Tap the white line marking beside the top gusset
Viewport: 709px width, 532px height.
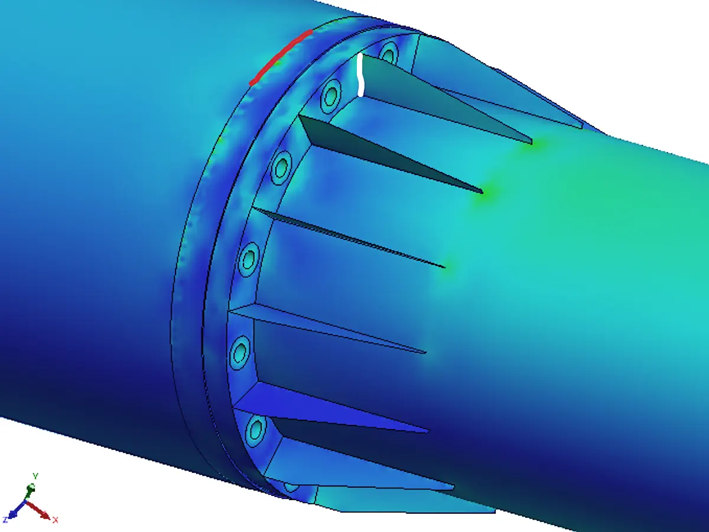tap(360, 75)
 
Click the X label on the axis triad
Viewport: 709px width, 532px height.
tap(55, 520)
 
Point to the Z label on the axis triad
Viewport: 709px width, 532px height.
tap(5, 520)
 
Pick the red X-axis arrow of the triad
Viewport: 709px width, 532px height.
tap(41, 511)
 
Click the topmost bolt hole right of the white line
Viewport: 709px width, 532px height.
tap(388, 53)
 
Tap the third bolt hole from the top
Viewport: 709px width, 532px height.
tap(282, 167)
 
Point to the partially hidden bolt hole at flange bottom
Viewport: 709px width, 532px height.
tap(291, 487)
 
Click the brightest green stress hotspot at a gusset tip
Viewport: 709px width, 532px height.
tap(484, 193)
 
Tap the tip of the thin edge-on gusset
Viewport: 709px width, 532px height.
tap(444, 267)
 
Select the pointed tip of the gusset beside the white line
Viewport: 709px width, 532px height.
tap(532, 142)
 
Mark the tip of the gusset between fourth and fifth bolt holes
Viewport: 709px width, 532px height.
tap(425, 353)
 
